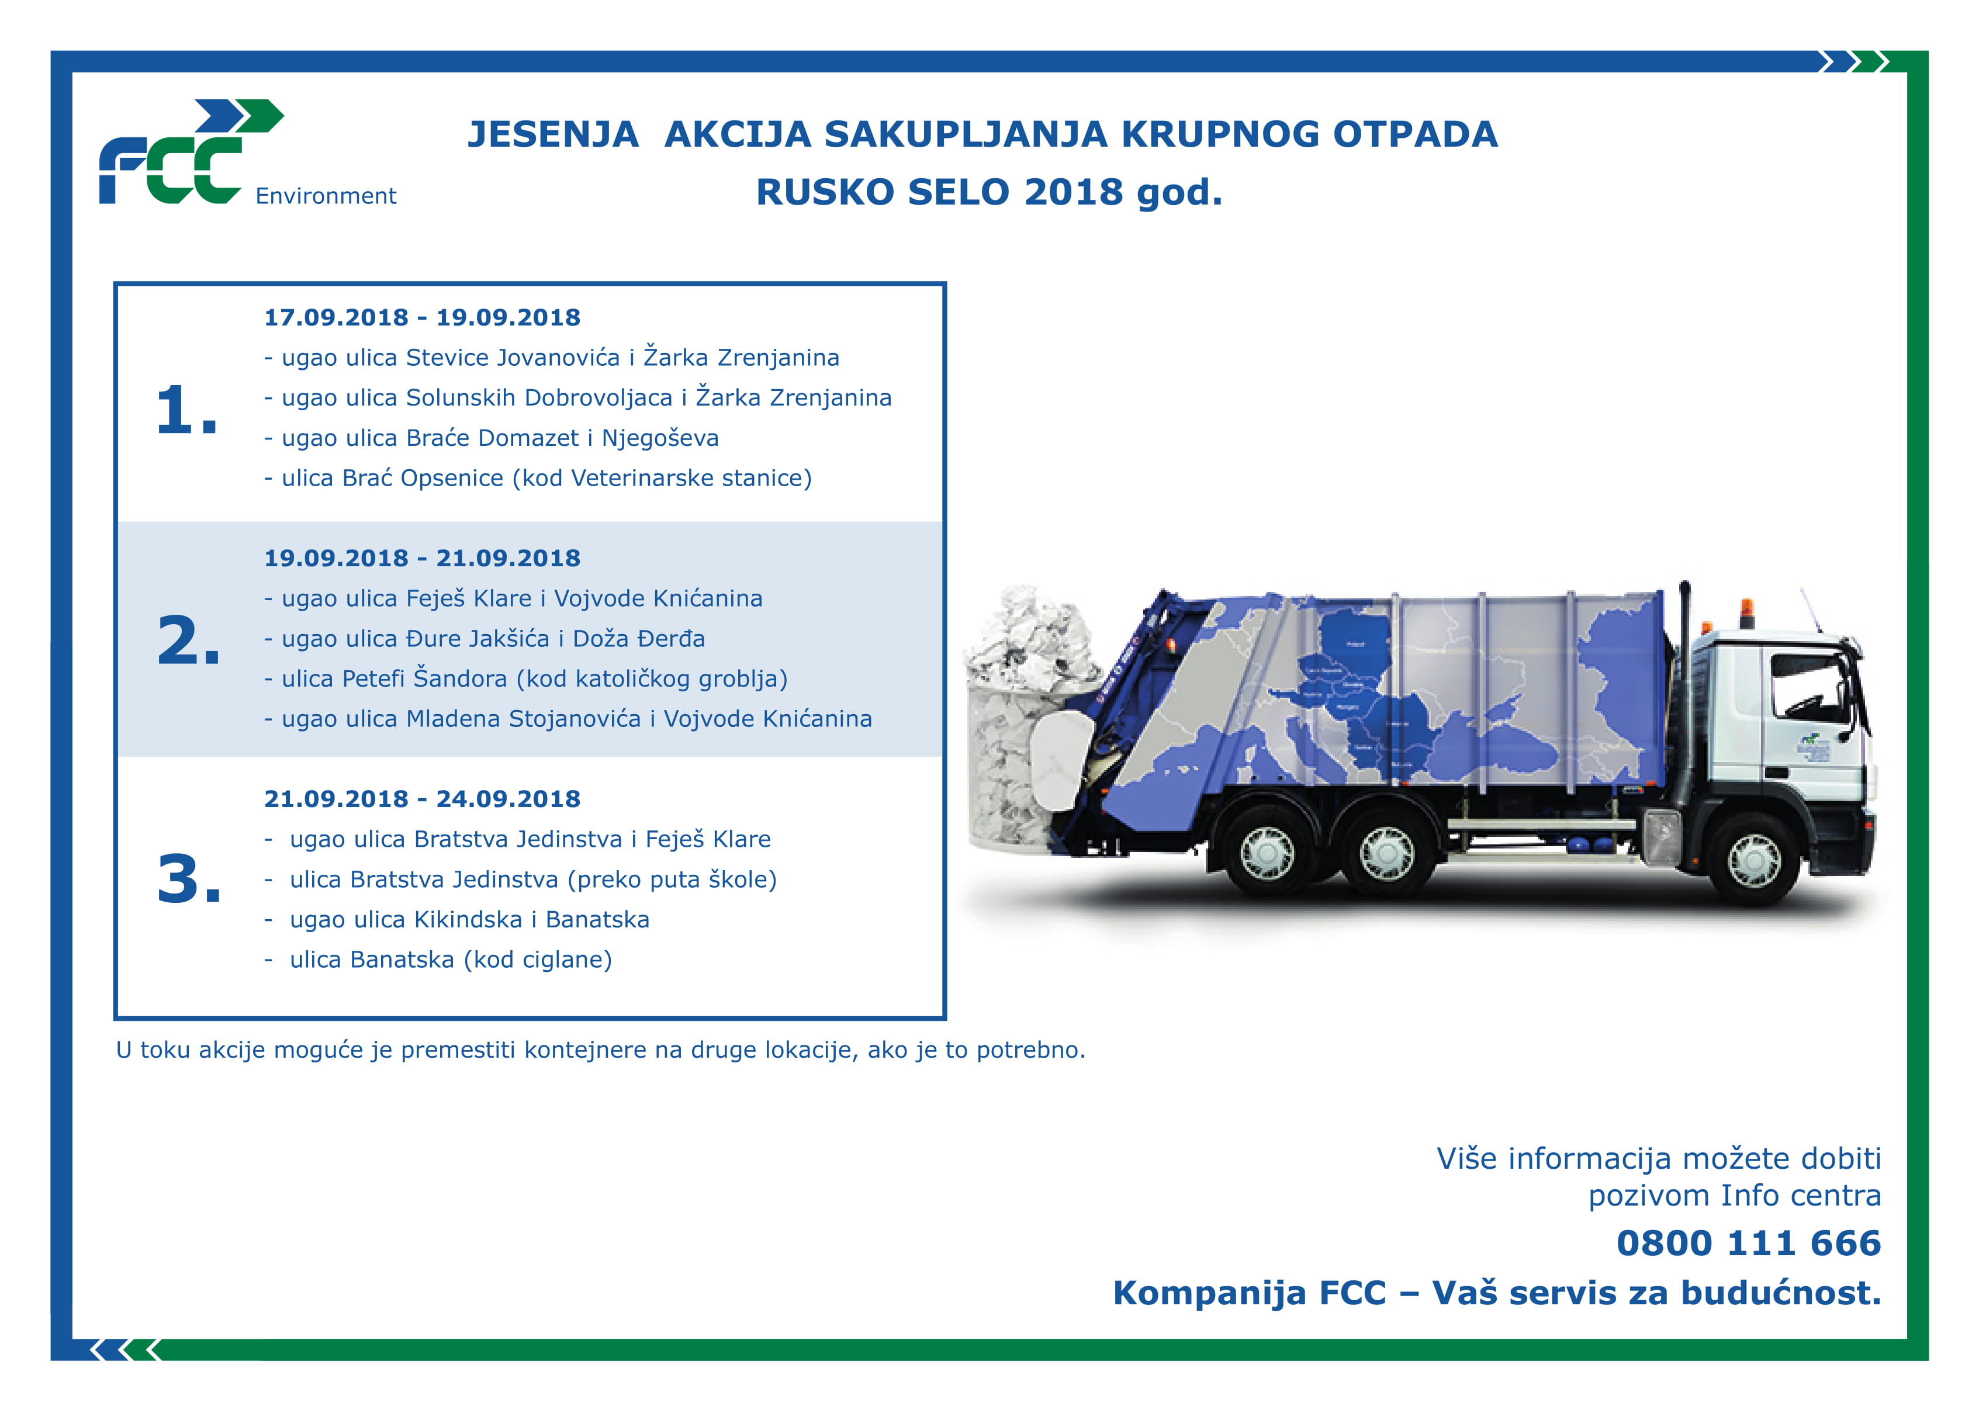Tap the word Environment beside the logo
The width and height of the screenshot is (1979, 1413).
point(326,196)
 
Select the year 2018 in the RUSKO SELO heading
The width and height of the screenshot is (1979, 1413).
point(1073,192)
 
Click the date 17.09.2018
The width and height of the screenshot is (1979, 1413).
point(336,317)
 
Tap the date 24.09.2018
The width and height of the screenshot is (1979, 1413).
point(508,799)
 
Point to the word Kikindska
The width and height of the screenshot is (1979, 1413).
point(468,920)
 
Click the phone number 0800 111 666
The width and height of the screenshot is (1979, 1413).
point(1748,1244)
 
